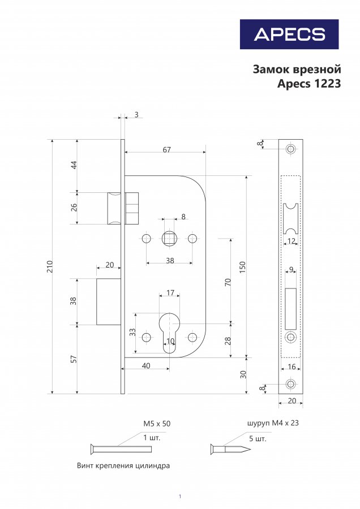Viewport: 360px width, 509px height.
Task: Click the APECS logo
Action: pyautogui.click(x=289, y=34)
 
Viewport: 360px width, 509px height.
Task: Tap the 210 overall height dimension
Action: pyautogui.click(x=50, y=266)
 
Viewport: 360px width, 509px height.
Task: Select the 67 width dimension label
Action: pyautogui.click(x=166, y=150)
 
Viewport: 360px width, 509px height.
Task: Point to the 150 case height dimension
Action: pyautogui.click(x=242, y=267)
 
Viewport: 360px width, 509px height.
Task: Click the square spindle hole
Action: pyautogui.click(x=169, y=239)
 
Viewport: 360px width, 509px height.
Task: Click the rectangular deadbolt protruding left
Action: pyautogui.click(x=109, y=301)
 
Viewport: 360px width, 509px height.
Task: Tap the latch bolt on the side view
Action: pyautogui.click(x=290, y=218)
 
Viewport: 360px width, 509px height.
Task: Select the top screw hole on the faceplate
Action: pyautogui.click(x=290, y=149)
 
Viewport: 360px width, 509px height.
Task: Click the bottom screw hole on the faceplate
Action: pyautogui.click(x=290, y=384)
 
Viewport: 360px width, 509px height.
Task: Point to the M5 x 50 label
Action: pyautogui.click(x=157, y=424)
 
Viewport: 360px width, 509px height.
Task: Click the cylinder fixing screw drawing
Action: pyautogui.click(x=121, y=449)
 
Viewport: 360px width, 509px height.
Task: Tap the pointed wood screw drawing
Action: pyautogui.click(x=231, y=449)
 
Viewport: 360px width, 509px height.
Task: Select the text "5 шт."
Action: pyautogui.click(x=258, y=438)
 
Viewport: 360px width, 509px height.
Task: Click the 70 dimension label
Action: pyautogui.click(x=228, y=282)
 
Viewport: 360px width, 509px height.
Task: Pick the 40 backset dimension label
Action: pyautogui.click(x=146, y=366)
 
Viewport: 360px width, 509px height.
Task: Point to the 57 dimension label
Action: pyautogui.click(x=74, y=359)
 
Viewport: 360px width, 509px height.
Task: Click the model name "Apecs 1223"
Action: pyautogui.click(x=309, y=84)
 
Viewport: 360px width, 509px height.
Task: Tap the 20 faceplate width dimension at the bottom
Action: pyautogui.click(x=292, y=401)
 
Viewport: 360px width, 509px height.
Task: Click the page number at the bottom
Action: pyautogui.click(x=180, y=497)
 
